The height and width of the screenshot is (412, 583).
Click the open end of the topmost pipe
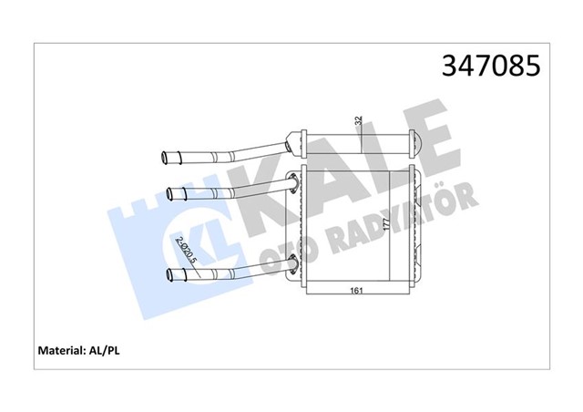click(x=164, y=157)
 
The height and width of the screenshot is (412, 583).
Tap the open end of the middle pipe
click(x=170, y=192)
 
